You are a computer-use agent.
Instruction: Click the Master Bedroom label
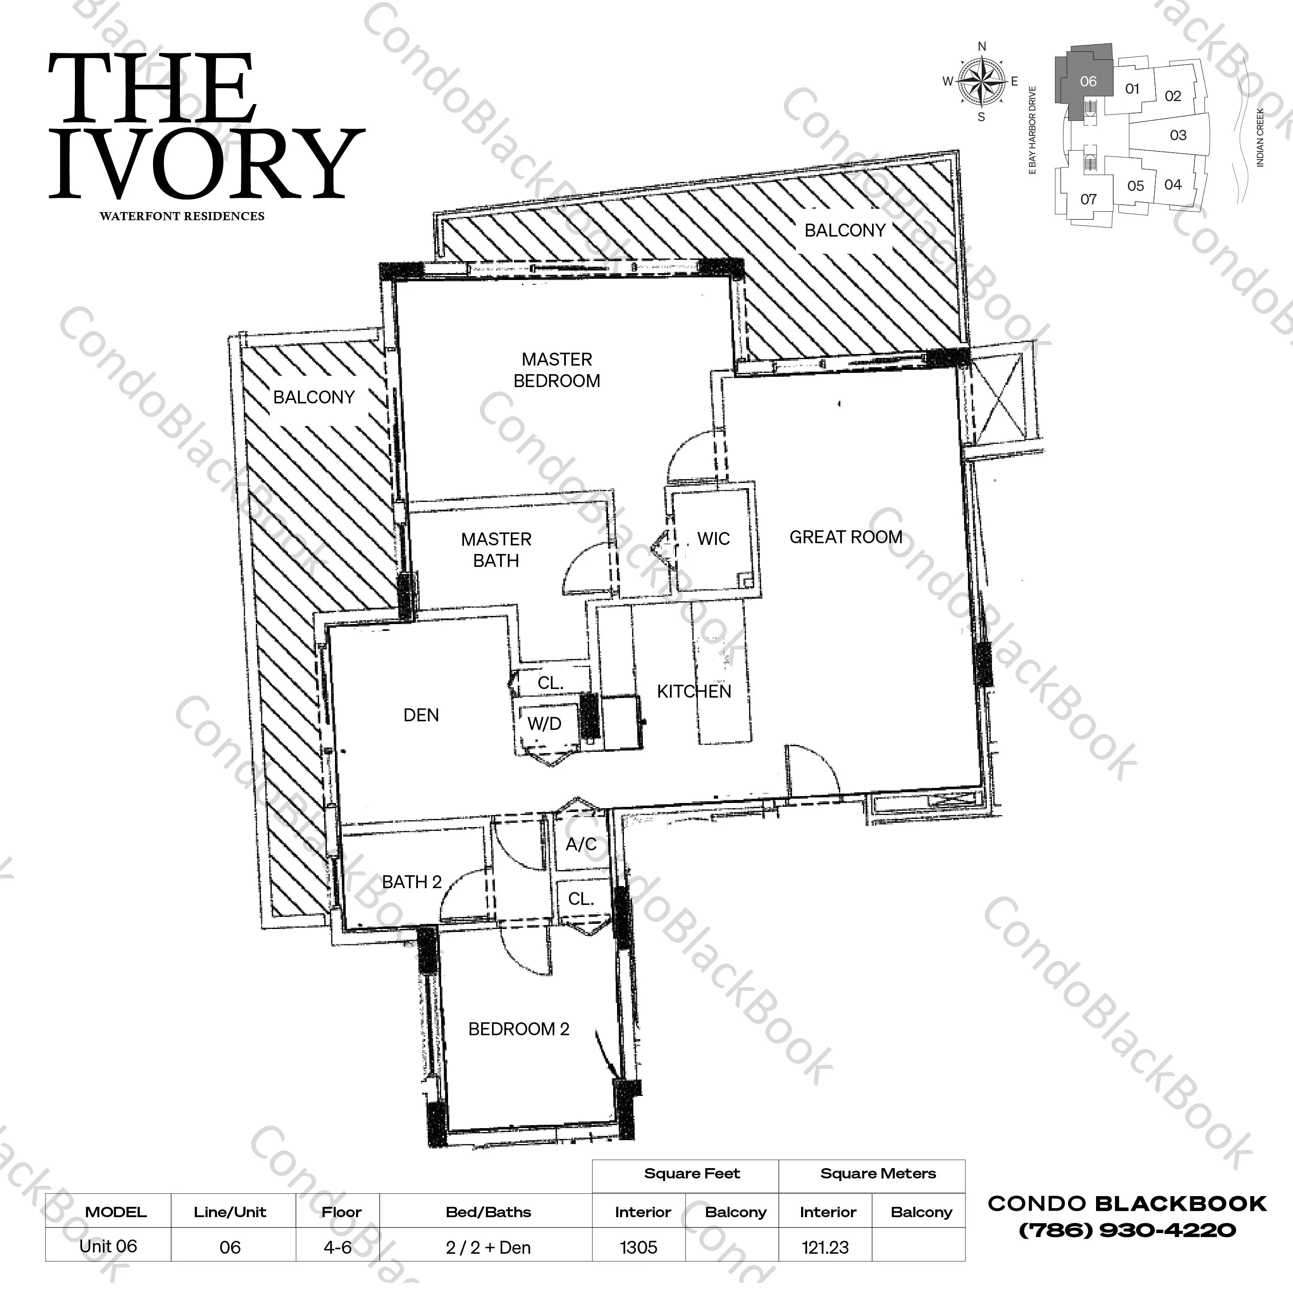point(557,370)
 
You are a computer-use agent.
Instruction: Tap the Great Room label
point(846,537)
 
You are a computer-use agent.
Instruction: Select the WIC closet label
point(713,539)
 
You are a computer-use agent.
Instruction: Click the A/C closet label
point(581,844)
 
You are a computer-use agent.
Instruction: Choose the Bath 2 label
point(412,882)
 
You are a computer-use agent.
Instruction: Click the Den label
point(421,715)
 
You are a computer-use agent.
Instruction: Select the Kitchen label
point(694,692)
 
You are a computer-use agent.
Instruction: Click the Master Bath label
point(496,550)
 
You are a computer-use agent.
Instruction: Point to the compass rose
point(981,82)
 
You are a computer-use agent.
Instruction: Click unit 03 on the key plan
point(1178,135)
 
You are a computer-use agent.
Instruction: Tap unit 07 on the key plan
point(1088,199)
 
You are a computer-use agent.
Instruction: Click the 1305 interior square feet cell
point(639,1248)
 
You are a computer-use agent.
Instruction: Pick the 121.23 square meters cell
point(825,1248)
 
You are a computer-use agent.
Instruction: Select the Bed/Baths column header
point(488,1212)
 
